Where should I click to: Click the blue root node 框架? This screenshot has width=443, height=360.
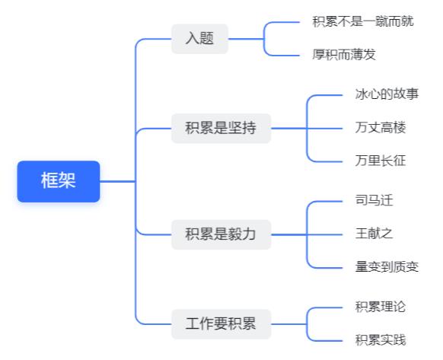59,181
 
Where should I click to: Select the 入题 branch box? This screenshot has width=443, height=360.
199,39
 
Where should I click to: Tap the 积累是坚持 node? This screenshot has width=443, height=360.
221,129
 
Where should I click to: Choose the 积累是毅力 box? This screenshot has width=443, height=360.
221,234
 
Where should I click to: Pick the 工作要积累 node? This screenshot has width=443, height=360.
221,324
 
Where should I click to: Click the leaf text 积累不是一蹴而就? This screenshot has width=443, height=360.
363,22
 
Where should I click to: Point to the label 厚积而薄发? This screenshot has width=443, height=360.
344,55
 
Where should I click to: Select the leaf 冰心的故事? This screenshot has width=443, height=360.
387,94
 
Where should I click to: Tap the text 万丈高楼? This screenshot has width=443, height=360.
381,128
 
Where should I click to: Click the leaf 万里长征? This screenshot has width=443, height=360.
381,161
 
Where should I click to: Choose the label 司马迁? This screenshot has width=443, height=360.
374,201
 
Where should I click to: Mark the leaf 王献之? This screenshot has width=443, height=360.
374,234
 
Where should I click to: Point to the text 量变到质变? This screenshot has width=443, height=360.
387,267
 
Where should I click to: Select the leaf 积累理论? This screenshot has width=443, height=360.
381,307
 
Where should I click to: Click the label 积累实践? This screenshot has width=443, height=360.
381,340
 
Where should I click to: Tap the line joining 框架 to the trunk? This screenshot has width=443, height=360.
118,181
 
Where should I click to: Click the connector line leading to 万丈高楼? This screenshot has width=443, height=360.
324,129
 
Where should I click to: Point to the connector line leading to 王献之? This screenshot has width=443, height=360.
324,235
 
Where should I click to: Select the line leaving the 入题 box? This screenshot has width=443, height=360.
246,39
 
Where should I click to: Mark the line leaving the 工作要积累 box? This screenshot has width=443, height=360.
288,324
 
